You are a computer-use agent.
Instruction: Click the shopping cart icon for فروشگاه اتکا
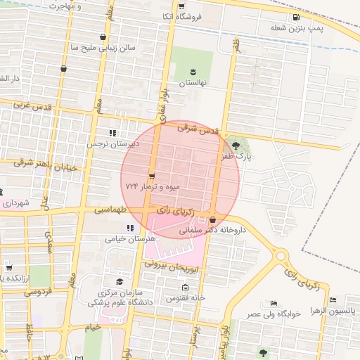[x=185, y=15]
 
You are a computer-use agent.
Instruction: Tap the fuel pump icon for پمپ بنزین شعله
[x=293, y=17]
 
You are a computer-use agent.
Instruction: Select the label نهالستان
[x=193, y=83]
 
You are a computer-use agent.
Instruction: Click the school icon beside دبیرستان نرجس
[x=112, y=132]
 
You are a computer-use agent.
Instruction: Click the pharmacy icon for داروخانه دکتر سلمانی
[x=212, y=220]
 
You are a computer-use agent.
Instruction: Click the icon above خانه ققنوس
[x=185, y=288]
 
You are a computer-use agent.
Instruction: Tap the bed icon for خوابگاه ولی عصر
[x=274, y=303]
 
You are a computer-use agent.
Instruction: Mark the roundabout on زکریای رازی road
[x=283, y=257]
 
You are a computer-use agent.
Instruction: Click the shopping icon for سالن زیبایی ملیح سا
[x=104, y=37]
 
